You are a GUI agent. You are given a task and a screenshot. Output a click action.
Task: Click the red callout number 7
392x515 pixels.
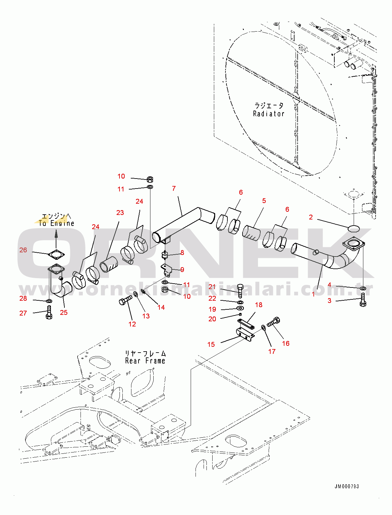pyautogui.click(x=174, y=189)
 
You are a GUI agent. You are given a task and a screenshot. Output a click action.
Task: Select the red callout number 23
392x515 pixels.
pyautogui.click(x=120, y=213)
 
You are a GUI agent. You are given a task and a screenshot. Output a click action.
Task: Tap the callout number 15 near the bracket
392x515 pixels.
pyautogui.click(x=211, y=345)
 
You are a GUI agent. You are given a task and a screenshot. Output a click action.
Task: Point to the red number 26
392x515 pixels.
pyautogui.click(x=23, y=250)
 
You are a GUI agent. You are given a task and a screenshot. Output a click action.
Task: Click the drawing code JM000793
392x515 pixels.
pyautogui.click(x=347, y=486)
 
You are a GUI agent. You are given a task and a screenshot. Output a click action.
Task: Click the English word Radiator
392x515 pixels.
pyautogui.click(x=269, y=113)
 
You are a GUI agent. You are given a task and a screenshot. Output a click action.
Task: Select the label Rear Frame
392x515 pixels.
pyautogui.click(x=145, y=361)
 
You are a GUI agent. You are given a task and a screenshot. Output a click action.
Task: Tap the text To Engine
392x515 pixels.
pyautogui.click(x=56, y=223)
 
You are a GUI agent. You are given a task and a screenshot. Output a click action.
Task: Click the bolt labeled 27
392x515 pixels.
pyautogui.click(x=49, y=312)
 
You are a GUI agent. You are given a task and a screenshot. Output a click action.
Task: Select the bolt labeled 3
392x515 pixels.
pyautogui.click(x=363, y=300)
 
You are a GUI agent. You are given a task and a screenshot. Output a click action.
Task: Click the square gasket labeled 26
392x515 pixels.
pyautogui.click(x=56, y=255)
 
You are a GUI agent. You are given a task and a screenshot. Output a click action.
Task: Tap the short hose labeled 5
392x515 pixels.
pyautogui.click(x=251, y=233)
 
